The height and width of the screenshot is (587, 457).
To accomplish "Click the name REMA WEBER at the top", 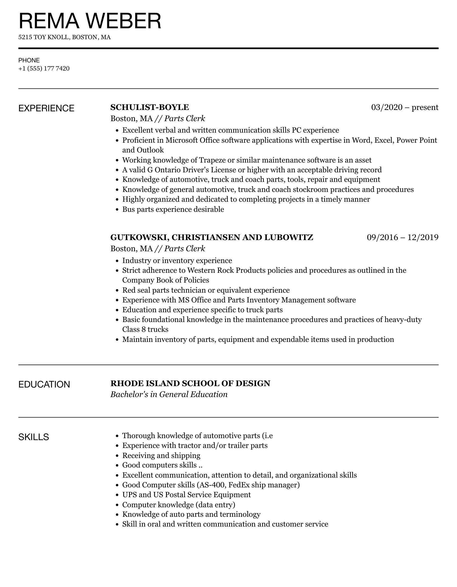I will (90, 21).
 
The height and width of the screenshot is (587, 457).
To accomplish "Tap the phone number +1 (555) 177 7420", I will (44, 69).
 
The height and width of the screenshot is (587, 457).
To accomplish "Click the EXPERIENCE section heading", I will (46, 108).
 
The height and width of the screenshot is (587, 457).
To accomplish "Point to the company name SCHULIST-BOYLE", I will (150, 107).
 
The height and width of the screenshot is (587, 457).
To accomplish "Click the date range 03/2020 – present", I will (405, 107).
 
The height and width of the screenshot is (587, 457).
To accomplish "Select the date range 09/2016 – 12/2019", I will (402, 237).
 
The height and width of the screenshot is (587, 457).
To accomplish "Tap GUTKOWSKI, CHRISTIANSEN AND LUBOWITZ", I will (212, 237).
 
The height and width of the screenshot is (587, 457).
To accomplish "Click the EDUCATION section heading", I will (44, 384).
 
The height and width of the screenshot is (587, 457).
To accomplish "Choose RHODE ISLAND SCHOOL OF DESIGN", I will (190, 383).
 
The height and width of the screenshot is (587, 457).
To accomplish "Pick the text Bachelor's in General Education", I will (169, 395).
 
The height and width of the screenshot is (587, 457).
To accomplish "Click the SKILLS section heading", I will (34, 437).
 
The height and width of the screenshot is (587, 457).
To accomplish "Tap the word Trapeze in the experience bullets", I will (212, 160).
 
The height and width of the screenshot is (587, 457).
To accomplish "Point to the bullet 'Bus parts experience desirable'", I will (173, 209).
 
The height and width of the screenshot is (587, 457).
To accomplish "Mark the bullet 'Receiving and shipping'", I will (161, 455).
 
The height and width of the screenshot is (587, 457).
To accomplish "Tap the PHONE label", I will (29, 60).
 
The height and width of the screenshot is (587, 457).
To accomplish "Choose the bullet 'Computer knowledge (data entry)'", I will (179, 505).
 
